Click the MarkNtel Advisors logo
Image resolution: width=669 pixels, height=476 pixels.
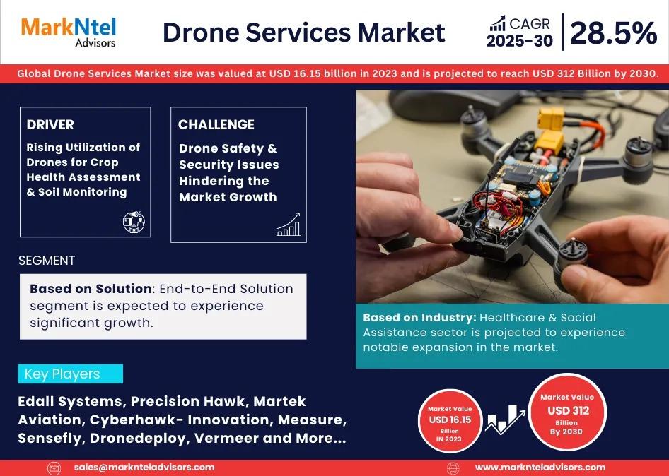point(69,32)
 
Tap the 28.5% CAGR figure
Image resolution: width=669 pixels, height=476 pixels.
point(613,32)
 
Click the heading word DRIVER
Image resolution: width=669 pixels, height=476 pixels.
point(50,124)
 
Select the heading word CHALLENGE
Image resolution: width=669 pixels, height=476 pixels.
point(216,124)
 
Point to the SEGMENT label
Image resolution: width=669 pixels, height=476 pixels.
point(47,261)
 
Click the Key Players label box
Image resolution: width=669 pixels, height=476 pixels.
point(71,374)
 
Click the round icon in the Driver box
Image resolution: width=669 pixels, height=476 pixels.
point(134,222)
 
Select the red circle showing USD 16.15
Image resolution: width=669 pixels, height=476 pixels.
point(450,421)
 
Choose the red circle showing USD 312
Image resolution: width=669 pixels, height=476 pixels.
point(567,412)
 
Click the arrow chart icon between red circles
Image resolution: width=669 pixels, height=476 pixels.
point(505,419)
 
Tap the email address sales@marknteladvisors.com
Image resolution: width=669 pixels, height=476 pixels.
point(144,467)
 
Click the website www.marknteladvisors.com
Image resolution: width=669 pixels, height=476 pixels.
point(540,467)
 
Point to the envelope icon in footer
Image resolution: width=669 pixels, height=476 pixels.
point(54,468)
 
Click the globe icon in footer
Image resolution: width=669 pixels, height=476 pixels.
point(453,468)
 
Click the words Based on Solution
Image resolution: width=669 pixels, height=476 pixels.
point(91,289)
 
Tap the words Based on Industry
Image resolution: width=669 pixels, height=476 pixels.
point(419,318)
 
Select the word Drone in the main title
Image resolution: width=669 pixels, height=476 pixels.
point(201,32)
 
